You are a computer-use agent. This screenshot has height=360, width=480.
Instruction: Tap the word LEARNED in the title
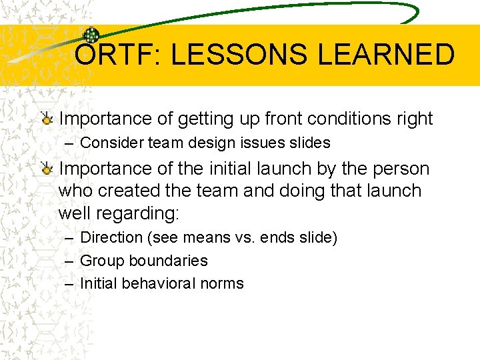[x=387, y=55]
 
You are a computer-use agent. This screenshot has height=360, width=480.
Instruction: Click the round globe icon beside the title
[x=91, y=36]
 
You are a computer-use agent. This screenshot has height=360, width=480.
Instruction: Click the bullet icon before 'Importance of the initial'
[x=46, y=169]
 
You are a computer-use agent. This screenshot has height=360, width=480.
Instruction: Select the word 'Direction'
[x=111, y=237]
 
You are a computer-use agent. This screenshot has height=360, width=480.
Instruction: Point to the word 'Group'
[x=100, y=261]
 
